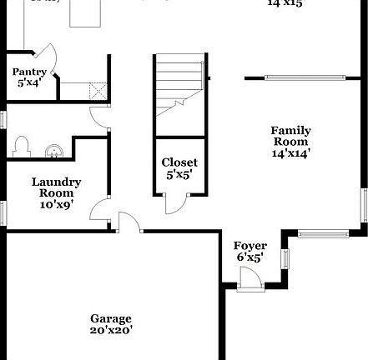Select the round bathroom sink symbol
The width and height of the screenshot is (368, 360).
click(53, 151)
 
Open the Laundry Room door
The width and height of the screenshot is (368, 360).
click(100, 207)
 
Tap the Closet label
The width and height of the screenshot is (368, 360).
click(179, 162)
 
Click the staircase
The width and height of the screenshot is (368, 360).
click(179, 92)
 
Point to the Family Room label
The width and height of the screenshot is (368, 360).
click(291, 136)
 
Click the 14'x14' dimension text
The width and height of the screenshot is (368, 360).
click(291, 153)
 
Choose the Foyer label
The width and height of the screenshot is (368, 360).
click(250, 246)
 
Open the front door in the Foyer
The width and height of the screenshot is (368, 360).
click(250, 282)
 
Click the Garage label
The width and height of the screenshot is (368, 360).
click(111, 318)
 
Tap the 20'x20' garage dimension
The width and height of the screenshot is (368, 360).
click(111, 330)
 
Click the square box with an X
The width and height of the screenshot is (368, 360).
click(98, 90)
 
